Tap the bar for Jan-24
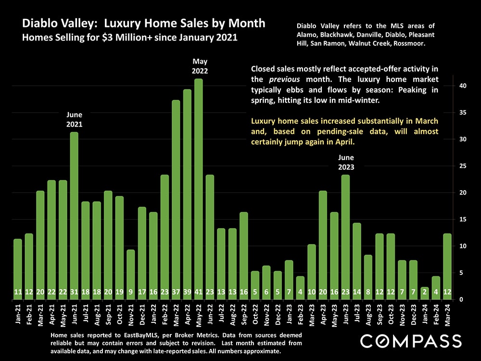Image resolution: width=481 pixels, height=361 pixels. tap(425, 293)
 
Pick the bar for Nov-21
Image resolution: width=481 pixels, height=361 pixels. tap(131, 274)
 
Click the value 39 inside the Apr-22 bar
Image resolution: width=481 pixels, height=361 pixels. tap(187, 292)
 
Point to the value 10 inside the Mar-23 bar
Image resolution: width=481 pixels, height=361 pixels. tap(312, 292)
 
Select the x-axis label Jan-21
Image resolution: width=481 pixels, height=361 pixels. tap(18, 316)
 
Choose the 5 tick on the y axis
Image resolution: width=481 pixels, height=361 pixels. tap(461, 273)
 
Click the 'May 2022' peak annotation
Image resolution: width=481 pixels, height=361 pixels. tap(199, 66)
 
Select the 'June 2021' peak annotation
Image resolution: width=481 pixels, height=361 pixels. tap(75, 119)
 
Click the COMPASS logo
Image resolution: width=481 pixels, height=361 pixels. tap(411, 341)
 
